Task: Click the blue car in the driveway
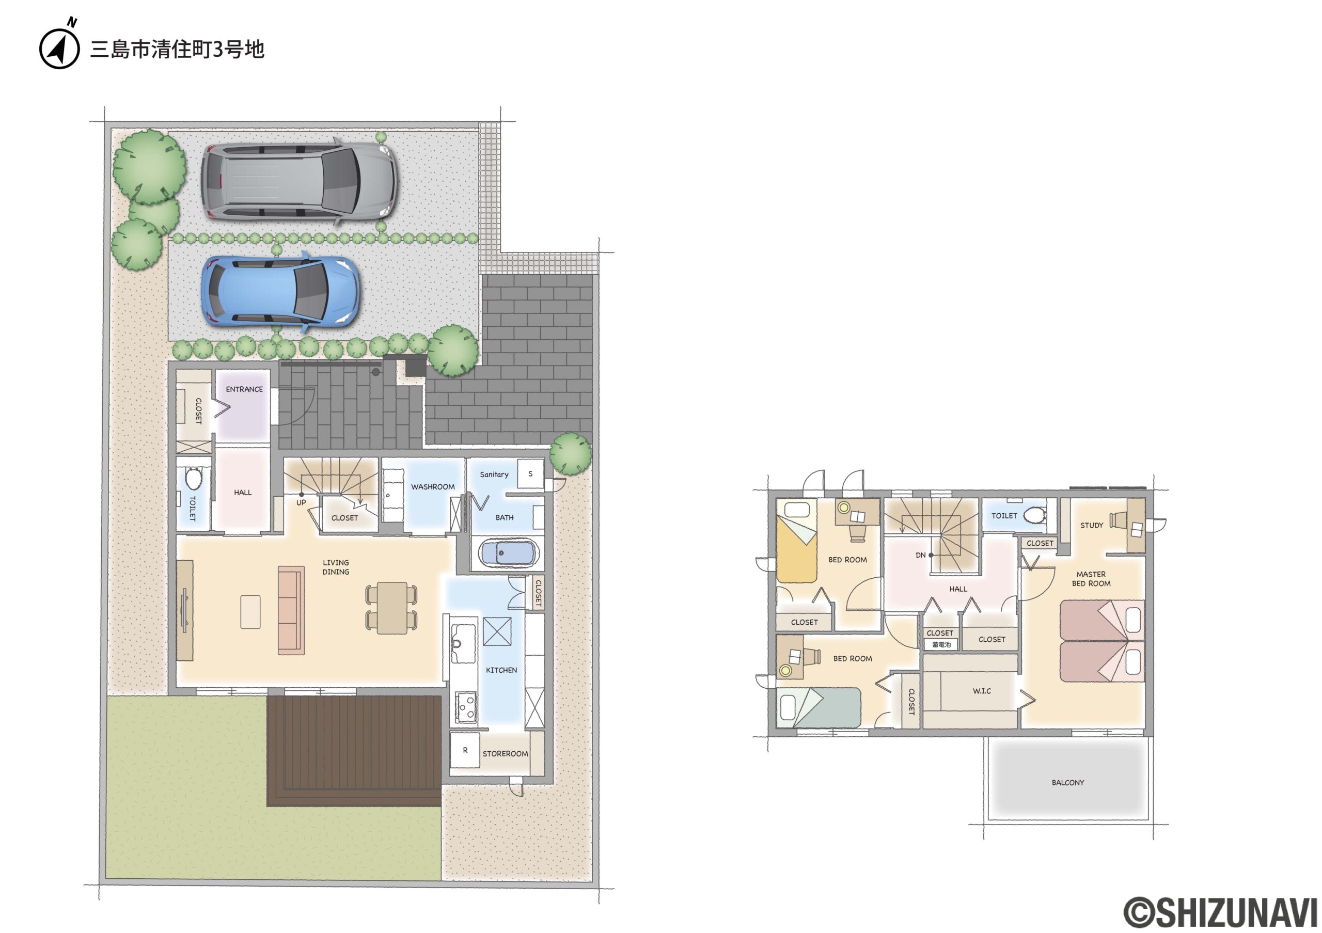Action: coord(280,292)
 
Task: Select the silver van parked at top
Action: coord(299,181)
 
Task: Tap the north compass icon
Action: coord(59,46)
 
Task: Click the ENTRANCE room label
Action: coord(244,390)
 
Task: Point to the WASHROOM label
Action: coord(432,487)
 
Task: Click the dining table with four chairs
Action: coord(392,608)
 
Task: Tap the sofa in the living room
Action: coord(291,610)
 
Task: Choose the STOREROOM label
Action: coord(505,754)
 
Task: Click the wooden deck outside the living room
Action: coord(354,751)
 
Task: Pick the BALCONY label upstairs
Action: coord(1067,783)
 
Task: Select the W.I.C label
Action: coord(982,691)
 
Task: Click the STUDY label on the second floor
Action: coord(1092,526)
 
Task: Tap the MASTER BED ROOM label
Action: coord(1091,579)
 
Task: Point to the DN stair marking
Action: coord(921,556)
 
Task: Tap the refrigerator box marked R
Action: coord(465,751)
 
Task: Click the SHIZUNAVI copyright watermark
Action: coord(1221,911)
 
